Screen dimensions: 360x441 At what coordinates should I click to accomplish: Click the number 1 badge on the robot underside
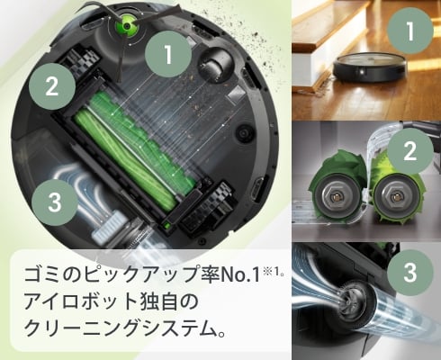click(167, 56)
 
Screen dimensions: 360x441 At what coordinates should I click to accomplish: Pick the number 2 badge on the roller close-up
click(410, 150)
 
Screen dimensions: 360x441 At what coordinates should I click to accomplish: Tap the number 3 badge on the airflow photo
click(410, 270)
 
